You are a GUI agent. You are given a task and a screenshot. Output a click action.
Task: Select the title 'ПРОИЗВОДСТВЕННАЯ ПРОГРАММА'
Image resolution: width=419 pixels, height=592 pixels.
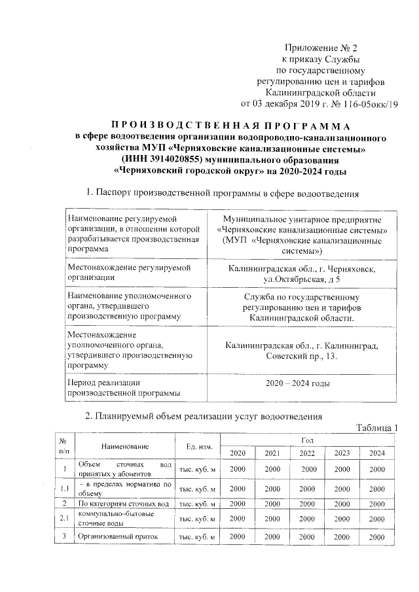[x=229, y=126]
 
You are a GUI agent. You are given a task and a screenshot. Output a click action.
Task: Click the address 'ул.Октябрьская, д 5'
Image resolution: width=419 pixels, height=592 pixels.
[x=301, y=279]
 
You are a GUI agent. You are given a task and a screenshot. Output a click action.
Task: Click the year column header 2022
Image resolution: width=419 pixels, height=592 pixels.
[x=307, y=453]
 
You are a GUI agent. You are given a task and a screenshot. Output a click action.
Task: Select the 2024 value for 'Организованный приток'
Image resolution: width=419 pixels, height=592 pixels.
[x=376, y=537]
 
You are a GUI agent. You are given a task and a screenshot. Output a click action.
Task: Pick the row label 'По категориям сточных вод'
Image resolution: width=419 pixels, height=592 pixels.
[x=124, y=504]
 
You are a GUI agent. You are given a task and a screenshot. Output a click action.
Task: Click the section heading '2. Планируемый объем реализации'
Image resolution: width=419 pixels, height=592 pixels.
[x=204, y=415]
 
